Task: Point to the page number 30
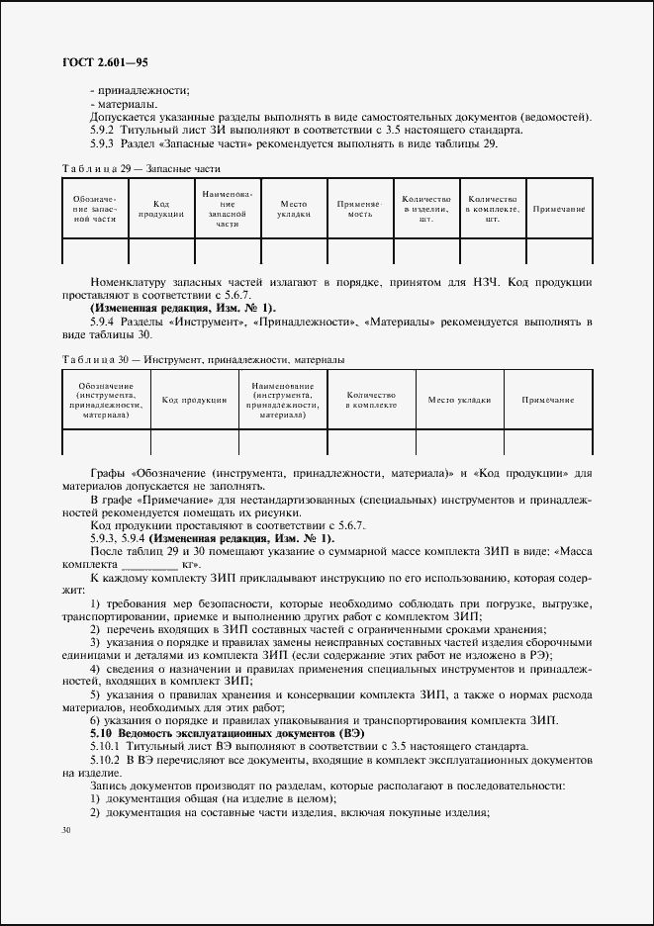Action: coord(66,830)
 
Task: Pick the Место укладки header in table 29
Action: coord(294,209)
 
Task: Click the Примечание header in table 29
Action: coord(559,209)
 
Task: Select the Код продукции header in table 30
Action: coord(194,400)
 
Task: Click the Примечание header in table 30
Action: coord(548,400)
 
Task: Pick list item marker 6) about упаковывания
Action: coord(95,720)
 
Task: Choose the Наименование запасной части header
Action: coord(229,209)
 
